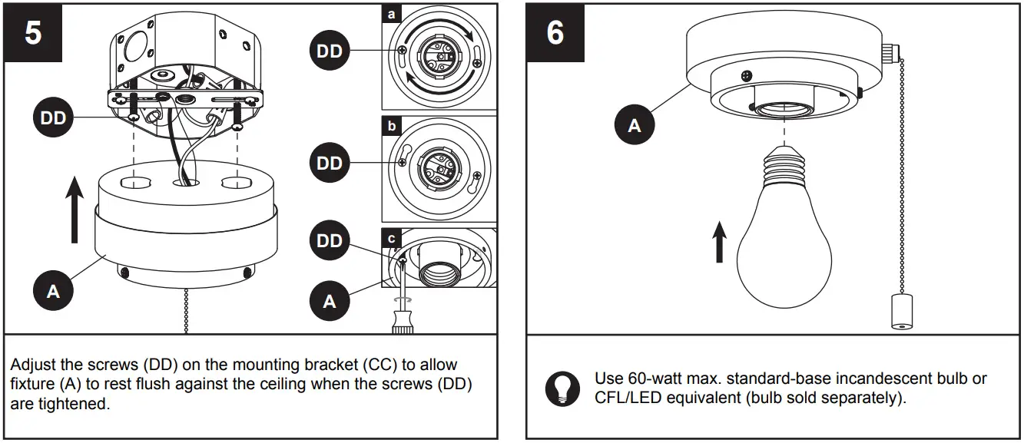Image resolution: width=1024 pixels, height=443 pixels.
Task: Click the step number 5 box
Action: [x=32, y=33]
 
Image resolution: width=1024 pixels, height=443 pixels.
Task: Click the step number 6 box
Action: [x=555, y=33]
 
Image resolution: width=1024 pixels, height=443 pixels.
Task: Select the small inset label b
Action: [x=391, y=125]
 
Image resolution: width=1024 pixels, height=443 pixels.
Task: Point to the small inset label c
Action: [x=391, y=237]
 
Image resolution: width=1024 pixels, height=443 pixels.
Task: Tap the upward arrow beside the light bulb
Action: [x=719, y=243]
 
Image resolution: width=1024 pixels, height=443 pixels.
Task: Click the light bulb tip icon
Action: [x=562, y=388]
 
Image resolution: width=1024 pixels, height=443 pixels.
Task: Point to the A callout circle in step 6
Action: [x=635, y=125]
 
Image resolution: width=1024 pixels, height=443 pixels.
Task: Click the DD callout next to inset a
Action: [x=330, y=52]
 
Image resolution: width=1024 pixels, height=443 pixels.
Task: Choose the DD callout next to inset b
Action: [x=330, y=163]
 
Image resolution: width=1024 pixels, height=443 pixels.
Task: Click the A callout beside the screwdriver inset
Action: [x=330, y=301]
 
